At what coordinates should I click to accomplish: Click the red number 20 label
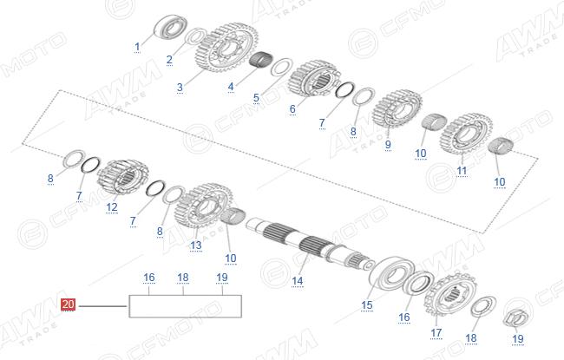(x=68, y=304)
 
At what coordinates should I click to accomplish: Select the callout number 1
(x=137, y=47)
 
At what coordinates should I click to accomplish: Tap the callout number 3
(x=180, y=87)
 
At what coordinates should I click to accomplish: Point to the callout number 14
(x=297, y=281)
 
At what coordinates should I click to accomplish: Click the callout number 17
(x=436, y=332)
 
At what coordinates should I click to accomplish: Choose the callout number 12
(x=112, y=207)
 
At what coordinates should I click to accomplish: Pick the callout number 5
(x=256, y=97)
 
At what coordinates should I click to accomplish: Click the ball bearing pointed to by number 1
(x=170, y=26)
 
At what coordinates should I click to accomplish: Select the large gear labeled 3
(x=226, y=48)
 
